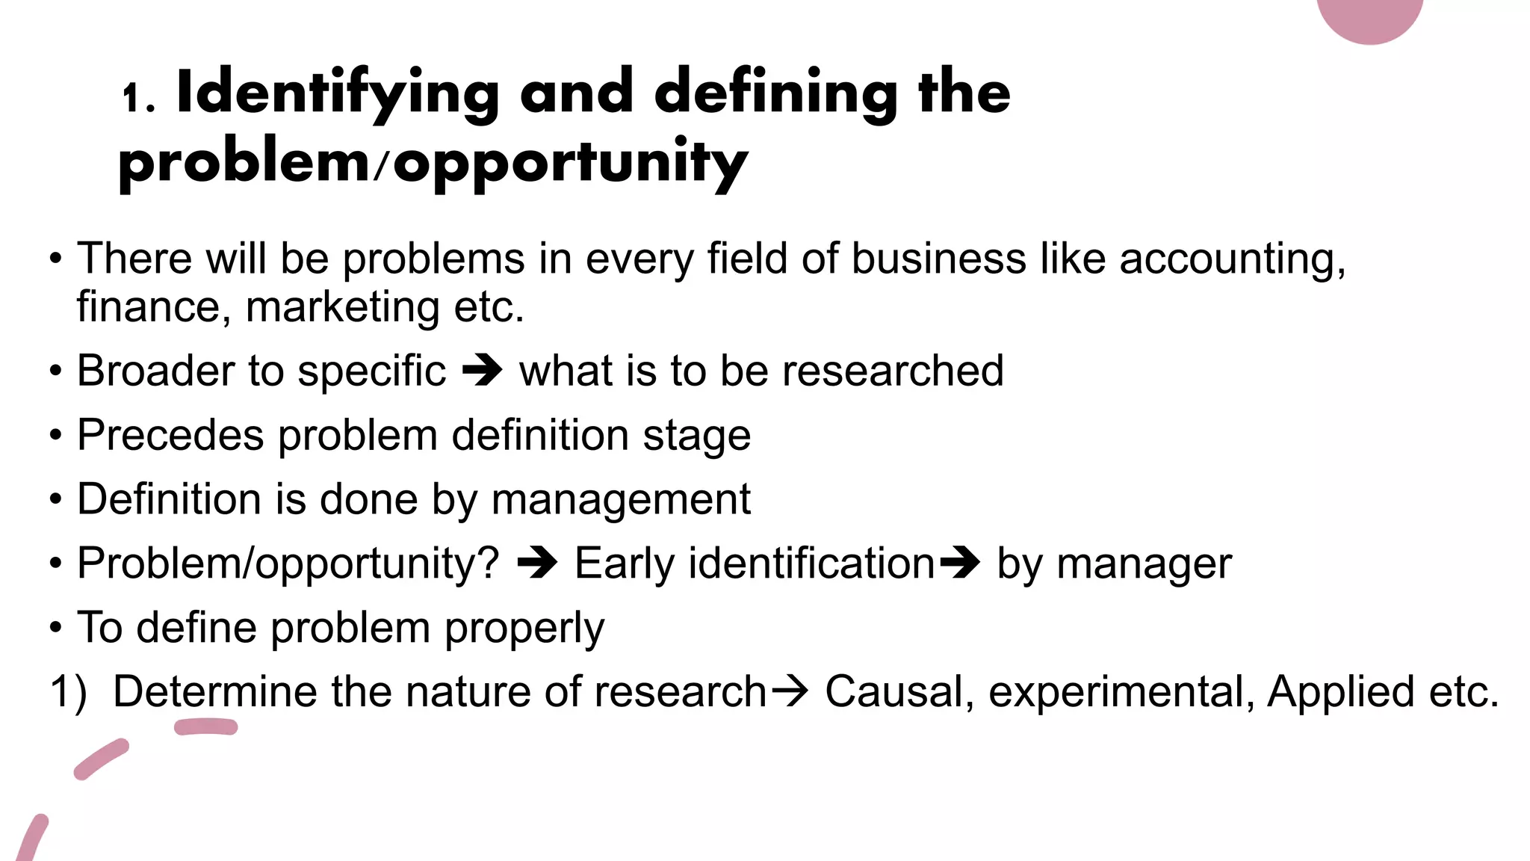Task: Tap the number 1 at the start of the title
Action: [x=132, y=98]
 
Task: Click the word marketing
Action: [x=343, y=307]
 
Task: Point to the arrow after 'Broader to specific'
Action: [x=483, y=371]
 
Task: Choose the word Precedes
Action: [x=170, y=435]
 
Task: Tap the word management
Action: [x=621, y=499]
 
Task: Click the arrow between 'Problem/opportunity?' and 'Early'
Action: [x=537, y=563]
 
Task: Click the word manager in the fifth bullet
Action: [x=1144, y=564]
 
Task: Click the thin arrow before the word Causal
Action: [x=789, y=691]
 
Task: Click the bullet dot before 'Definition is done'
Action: [x=56, y=499]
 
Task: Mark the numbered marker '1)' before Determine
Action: [x=68, y=691]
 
